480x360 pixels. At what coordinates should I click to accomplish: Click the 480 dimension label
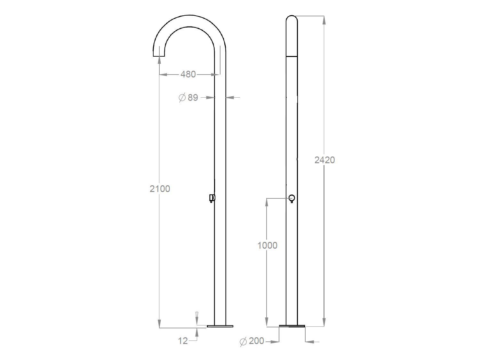188,74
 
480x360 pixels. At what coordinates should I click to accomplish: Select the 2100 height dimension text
160,189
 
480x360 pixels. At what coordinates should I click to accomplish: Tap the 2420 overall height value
324,160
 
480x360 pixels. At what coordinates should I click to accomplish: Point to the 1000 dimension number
267,245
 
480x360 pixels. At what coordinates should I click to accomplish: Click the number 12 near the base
183,341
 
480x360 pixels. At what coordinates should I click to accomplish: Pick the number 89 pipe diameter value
193,98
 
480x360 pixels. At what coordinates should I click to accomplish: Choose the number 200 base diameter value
256,341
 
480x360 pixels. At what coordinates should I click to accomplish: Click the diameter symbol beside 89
182,97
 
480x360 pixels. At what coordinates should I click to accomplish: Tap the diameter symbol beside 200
243,342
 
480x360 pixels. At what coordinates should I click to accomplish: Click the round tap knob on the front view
292,198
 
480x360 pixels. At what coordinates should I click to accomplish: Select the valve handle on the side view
212,198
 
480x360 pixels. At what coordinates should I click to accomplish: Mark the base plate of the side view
220,326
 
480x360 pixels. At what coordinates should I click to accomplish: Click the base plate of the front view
292,326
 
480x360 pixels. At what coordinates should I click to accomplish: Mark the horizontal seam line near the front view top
292,56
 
